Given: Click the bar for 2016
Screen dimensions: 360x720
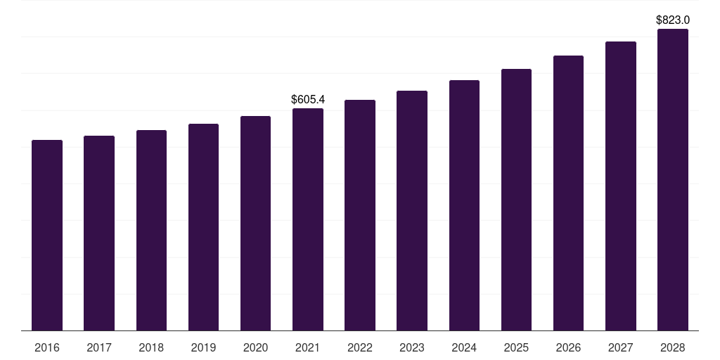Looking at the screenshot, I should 47,236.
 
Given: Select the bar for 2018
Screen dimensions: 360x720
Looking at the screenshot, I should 151,231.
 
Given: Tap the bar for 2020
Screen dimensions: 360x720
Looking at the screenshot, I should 255,224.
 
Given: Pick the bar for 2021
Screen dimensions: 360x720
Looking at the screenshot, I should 308,219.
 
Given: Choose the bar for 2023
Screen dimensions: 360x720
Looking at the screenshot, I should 412,211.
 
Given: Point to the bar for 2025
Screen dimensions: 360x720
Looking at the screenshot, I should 516,200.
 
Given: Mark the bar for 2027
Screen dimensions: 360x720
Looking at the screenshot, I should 620,186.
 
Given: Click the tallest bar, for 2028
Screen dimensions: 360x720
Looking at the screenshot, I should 672,180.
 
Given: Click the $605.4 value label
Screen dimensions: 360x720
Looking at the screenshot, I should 308,100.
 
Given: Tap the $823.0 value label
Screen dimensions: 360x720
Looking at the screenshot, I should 672,20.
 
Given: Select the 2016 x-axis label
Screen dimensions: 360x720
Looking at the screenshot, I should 47,347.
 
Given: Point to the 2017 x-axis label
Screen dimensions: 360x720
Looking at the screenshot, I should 99,347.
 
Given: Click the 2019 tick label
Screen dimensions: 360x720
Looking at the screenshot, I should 203,347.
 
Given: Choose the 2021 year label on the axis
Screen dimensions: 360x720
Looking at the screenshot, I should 308,347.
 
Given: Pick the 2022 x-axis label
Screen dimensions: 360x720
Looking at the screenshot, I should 360,347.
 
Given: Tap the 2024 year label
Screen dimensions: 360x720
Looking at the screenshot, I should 464,347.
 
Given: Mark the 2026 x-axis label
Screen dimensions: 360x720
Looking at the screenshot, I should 568,347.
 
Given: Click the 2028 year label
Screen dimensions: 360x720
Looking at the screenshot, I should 672,347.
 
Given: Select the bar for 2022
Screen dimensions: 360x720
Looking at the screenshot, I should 360,215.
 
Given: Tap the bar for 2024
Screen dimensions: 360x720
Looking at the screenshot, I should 464,205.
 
